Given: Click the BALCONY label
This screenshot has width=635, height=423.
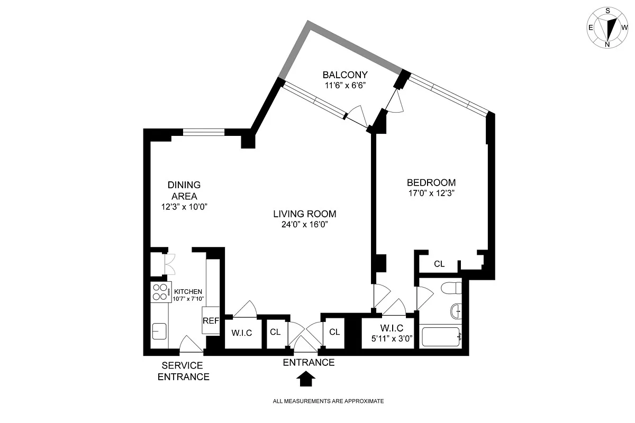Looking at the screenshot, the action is point(345,75).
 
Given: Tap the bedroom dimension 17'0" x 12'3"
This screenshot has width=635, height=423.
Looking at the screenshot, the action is point(428,193).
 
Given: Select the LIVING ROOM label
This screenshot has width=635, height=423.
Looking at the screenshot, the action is point(305,214).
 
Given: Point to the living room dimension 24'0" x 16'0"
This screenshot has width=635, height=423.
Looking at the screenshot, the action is point(305,224).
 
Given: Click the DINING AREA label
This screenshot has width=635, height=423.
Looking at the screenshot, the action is point(184,190).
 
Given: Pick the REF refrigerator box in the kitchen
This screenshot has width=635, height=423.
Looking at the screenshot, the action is point(211,321).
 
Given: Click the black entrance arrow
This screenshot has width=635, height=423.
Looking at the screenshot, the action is point(307,379).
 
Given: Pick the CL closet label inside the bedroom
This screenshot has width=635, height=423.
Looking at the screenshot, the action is point(439,264).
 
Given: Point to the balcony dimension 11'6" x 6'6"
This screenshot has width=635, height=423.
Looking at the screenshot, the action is point(345,85).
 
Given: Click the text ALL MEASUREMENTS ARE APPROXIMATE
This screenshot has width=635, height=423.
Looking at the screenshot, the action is point(328,401).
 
